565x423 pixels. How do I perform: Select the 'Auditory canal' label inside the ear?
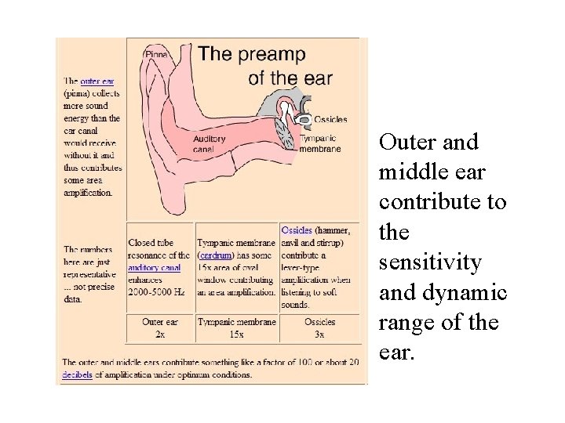209,143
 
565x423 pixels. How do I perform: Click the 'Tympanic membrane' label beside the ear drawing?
330,143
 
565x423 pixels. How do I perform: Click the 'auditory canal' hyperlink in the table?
155,267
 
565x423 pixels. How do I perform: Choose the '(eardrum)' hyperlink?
215,255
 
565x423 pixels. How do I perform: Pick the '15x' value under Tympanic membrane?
236,334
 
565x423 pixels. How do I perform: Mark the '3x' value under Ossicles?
319,334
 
